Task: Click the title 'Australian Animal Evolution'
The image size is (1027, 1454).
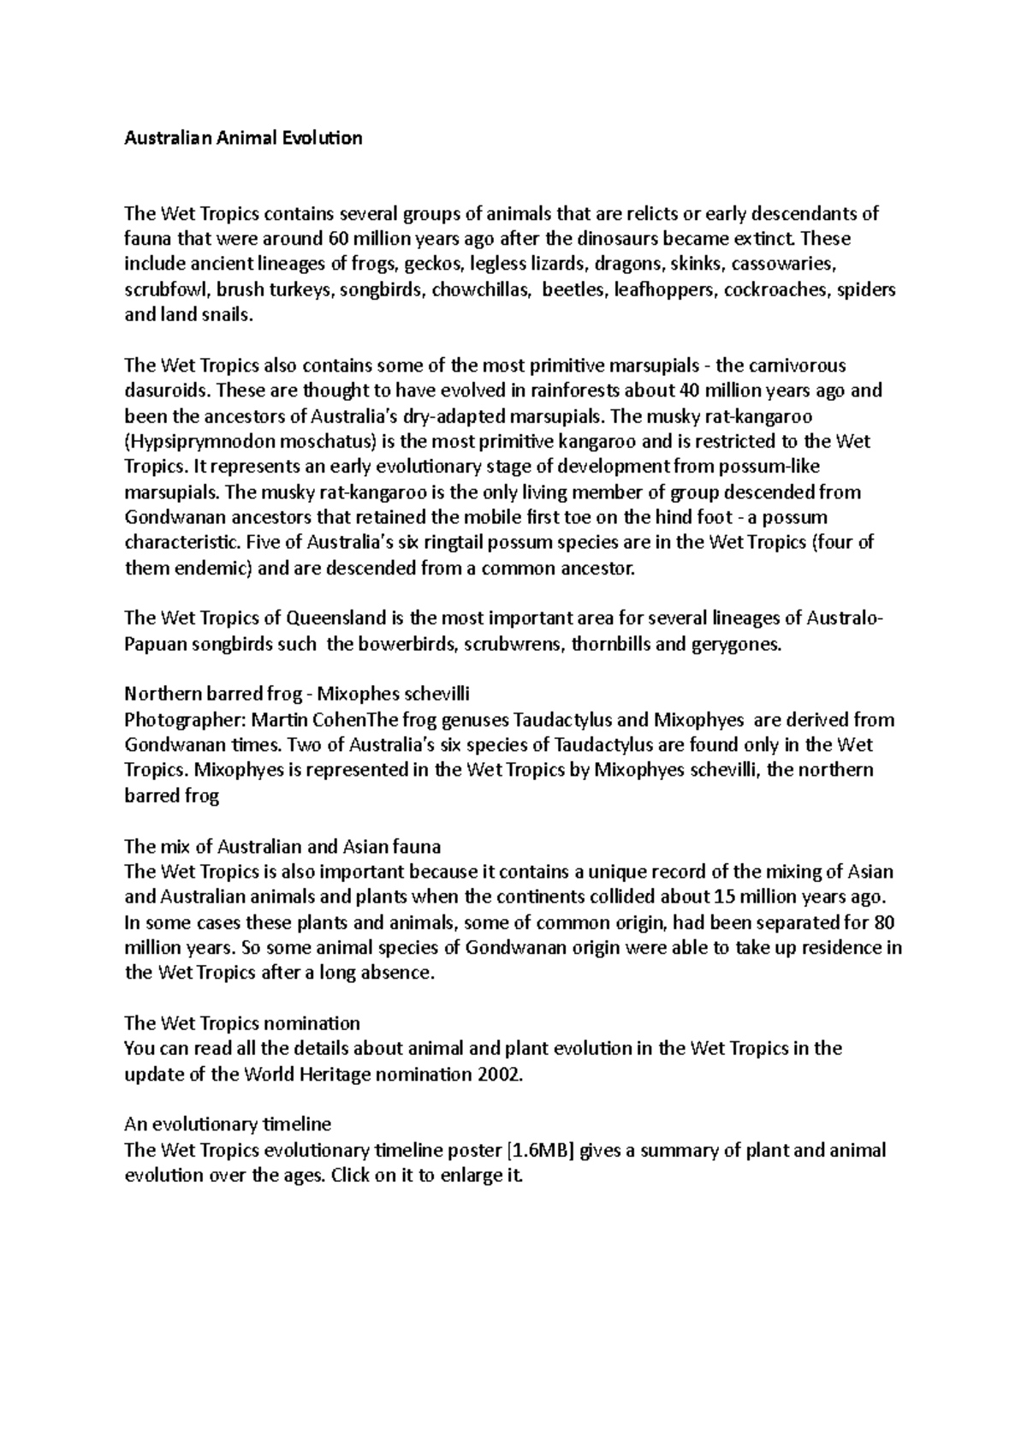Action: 243,138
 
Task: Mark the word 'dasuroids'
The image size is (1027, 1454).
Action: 168,391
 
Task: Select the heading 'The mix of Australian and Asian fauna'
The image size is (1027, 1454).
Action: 282,847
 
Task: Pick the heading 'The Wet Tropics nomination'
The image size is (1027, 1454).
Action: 242,1023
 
